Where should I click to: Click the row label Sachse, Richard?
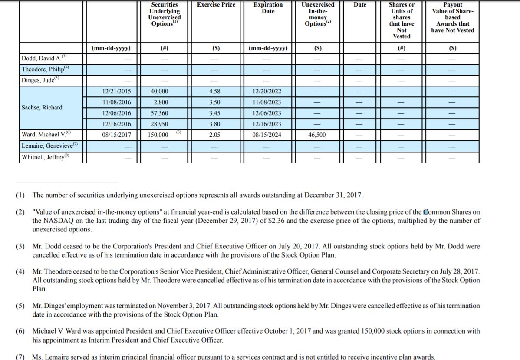(42, 108)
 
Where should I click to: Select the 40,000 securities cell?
(159, 92)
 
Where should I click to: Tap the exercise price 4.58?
(214, 92)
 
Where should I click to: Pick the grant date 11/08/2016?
(116, 102)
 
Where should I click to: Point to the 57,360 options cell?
(159, 113)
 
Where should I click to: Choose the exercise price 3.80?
(214, 124)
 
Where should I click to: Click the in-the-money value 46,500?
(317, 135)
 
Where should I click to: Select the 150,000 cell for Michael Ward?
(158, 135)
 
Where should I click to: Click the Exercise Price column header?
(216, 5)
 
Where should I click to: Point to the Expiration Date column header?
(268, 8)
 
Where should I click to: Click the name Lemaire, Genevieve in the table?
(48, 146)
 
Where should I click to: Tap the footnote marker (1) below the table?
(20, 195)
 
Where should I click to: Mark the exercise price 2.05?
(214, 135)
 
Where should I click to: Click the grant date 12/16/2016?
(116, 124)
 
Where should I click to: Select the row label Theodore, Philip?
(43, 69)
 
